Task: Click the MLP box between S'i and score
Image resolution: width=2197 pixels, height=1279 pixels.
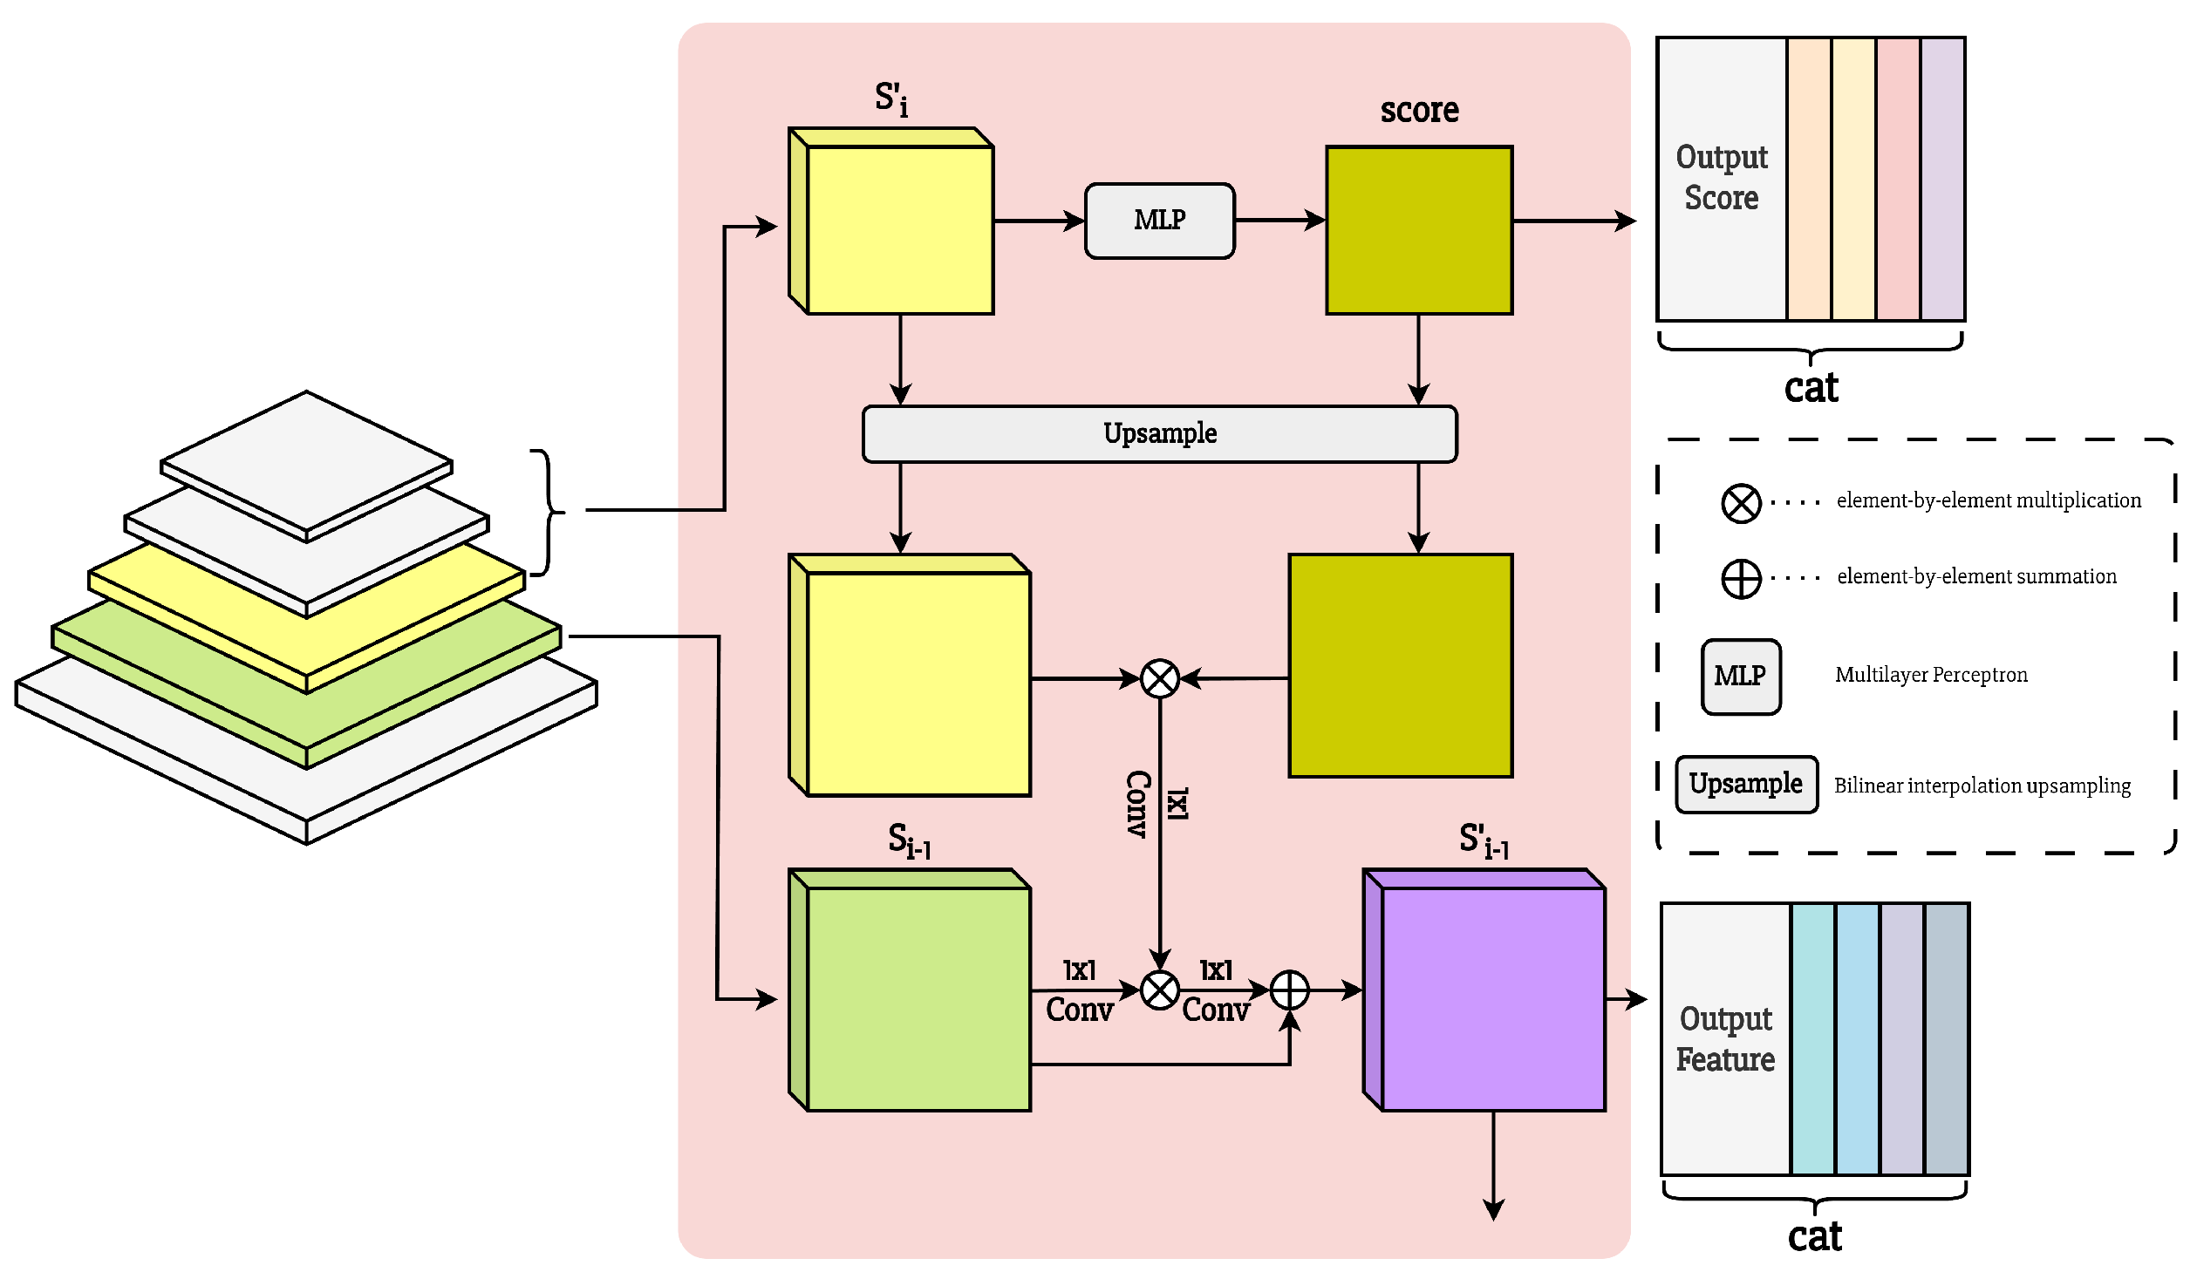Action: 1159,221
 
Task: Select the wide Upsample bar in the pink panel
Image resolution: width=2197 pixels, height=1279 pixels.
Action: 1159,433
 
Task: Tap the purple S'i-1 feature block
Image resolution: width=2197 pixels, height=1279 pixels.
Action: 1492,997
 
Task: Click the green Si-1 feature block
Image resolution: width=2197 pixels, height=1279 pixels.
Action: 918,997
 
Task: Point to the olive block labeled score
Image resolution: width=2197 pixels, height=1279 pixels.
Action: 1419,230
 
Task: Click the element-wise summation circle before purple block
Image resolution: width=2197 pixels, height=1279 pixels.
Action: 1289,990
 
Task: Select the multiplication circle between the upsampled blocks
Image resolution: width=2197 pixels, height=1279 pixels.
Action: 1160,678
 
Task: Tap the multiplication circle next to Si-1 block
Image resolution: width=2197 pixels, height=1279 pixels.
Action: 1160,990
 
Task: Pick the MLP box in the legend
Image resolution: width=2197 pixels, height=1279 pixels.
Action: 1741,677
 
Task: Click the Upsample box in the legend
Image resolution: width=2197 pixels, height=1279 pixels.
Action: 1746,784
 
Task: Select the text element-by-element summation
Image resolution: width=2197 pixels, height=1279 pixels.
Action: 1976,576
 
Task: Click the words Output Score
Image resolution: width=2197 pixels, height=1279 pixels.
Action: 1722,178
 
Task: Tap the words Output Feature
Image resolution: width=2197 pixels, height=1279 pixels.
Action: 1725,1039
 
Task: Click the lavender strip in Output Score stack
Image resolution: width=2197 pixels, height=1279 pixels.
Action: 1942,179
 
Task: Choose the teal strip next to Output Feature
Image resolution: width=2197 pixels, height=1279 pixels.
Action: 1813,1039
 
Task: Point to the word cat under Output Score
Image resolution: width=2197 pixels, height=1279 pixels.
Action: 1811,387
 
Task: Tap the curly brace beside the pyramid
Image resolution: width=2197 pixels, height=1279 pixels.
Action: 548,512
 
